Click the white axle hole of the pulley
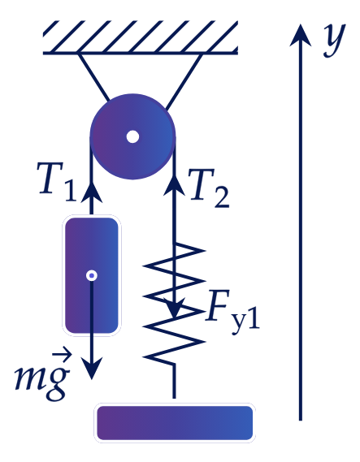[x=132, y=136]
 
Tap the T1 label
[x=56, y=183]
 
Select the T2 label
[x=209, y=188]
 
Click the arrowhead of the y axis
[x=301, y=35]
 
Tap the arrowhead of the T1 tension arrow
[x=91, y=191]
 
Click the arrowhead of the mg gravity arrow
[x=92, y=369]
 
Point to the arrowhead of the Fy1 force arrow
[x=175, y=309]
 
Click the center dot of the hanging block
[x=92, y=275]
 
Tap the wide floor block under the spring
[x=175, y=423]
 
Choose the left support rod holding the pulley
[x=93, y=77]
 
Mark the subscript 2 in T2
[x=221, y=198]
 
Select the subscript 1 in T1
[x=71, y=192]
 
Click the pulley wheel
[x=132, y=136]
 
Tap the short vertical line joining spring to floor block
[x=174, y=382]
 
